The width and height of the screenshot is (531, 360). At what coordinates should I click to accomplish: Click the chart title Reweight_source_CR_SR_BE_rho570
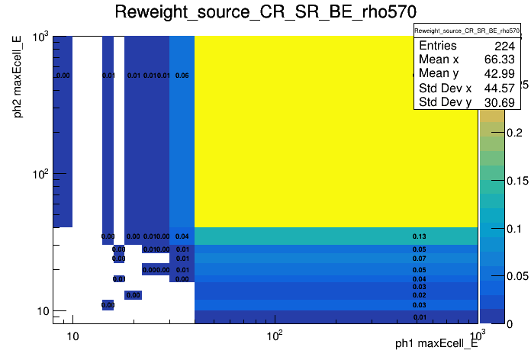click(x=265, y=12)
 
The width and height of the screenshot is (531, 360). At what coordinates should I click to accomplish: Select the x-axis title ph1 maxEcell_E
click(x=436, y=344)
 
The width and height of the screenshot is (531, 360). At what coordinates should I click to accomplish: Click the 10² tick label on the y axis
click(x=39, y=174)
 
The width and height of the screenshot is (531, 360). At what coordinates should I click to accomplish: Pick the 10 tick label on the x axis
click(x=72, y=335)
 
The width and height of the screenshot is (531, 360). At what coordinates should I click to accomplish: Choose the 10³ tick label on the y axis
click(x=39, y=37)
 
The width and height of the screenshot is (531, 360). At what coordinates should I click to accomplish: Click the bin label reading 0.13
click(x=419, y=236)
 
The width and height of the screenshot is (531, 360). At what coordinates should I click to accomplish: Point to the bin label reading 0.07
click(x=419, y=259)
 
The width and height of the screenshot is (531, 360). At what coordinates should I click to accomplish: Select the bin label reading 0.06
click(x=182, y=76)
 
